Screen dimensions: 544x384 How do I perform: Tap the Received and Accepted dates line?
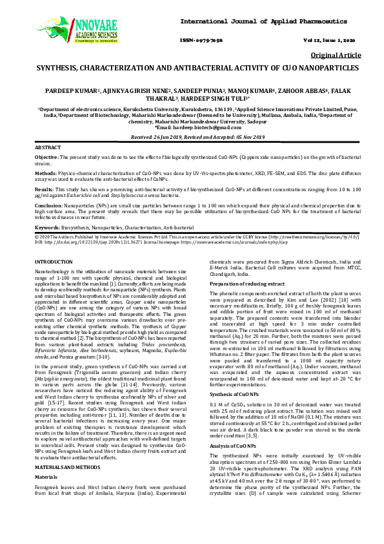192,138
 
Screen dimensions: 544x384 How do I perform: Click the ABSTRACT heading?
48,148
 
